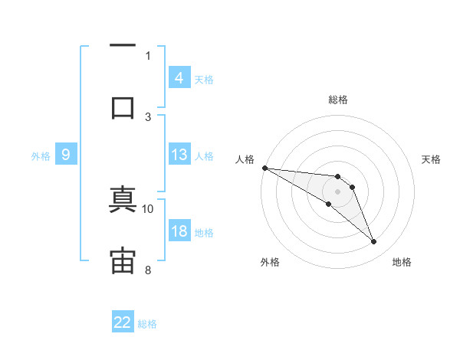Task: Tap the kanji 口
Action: [x=123, y=106]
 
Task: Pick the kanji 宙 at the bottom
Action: [x=123, y=260]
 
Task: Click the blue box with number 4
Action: [x=179, y=78]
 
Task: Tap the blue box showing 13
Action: [x=179, y=155]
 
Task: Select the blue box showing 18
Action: [x=179, y=231]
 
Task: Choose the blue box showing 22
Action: [x=123, y=322]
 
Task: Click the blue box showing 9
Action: [x=66, y=155]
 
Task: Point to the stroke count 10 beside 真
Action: [x=148, y=208]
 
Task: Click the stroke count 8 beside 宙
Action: [x=148, y=269]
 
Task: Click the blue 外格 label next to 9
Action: [x=41, y=156]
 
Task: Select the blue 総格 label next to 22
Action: [x=148, y=324]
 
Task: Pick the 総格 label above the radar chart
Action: [x=338, y=100]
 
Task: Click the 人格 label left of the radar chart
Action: [x=245, y=159]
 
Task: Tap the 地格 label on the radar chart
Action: [x=402, y=262]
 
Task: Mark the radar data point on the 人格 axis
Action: [x=264, y=168]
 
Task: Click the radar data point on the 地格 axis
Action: [x=374, y=242]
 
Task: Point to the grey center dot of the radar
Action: [x=338, y=191]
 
